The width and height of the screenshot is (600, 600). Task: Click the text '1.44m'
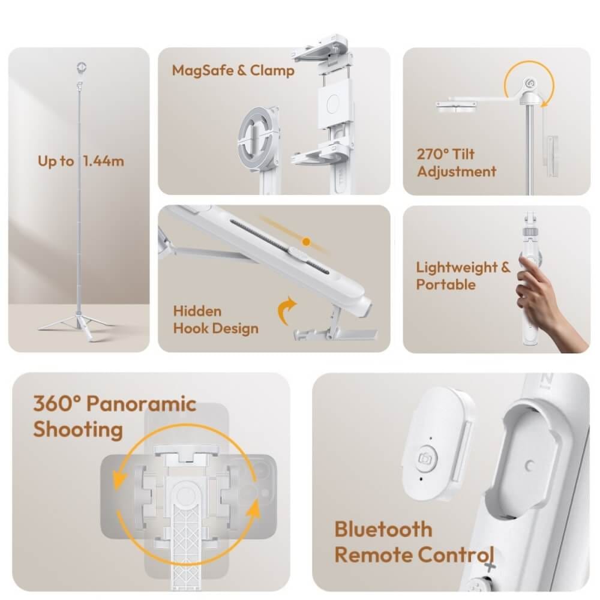pyautogui.click(x=104, y=161)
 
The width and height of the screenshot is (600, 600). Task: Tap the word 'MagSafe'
pyautogui.click(x=203, y=71)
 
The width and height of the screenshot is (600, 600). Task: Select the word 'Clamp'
pyautogui.click(x=272, y=70)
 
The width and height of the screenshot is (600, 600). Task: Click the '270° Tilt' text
pyautogui.click(x=446, y=154)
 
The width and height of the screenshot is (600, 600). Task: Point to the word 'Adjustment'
pyautogui.click(x=457, y=172)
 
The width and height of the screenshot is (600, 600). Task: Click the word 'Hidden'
pyautogui.click(x=197, y=311)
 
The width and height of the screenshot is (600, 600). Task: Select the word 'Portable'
pyautogui.click(x=446, y=284)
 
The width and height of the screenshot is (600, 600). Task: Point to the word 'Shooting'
pyautogui.click(x=78, y=430)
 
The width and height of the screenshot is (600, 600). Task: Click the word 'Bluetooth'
pyautogui.click(x=383, y=530)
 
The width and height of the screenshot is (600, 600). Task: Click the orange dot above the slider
pyautogui.click(x=306, y=241)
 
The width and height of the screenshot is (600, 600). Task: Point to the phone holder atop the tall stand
pyautogui.click(x=81, y=69)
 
